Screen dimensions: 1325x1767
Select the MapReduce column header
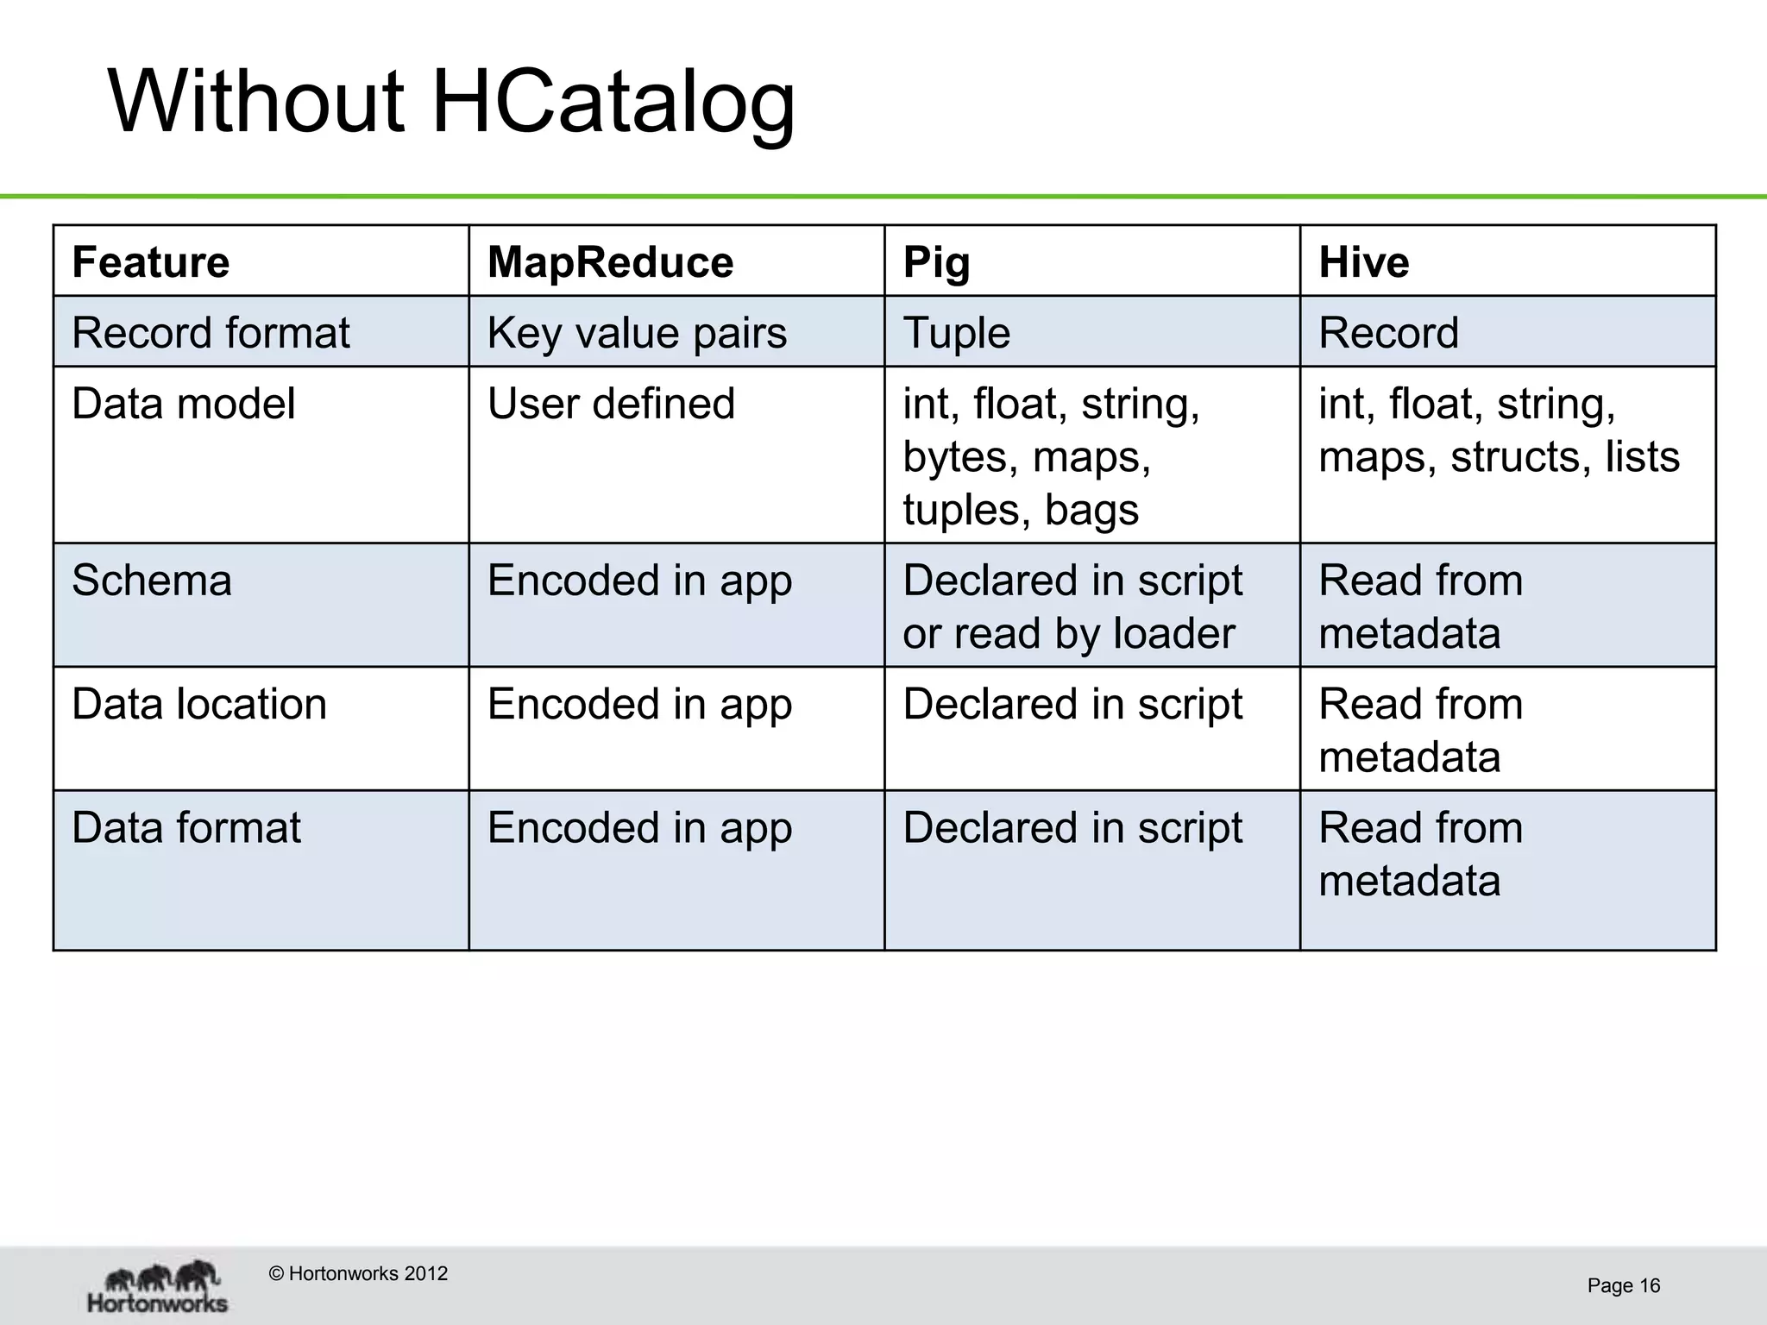click(610, 262)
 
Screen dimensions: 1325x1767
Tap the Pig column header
click(936, 262)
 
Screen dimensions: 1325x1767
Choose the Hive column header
click(1363, 262)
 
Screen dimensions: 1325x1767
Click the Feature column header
click(151, 262)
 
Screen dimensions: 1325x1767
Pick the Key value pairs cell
click(637, 333)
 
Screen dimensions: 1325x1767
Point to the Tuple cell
click(956, 333)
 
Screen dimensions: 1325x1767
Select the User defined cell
click(611, 404)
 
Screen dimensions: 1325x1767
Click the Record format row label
click(211, 333)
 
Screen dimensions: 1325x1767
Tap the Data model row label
click(183, 404)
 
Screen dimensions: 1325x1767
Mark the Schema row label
click(152, 581)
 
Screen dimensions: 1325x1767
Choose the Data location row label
click(199, 704)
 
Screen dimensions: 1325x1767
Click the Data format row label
click(186, 828)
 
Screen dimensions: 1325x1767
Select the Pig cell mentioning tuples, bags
click(1051, 456)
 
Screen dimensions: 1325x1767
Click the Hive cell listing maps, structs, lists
click(1499, 430)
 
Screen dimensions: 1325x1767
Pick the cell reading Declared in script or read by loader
click(1072, 606)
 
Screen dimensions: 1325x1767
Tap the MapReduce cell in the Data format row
click(639, 828)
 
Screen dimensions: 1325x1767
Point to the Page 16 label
click(1623, 1286)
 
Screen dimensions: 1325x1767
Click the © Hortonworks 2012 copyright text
click(358, 1274)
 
